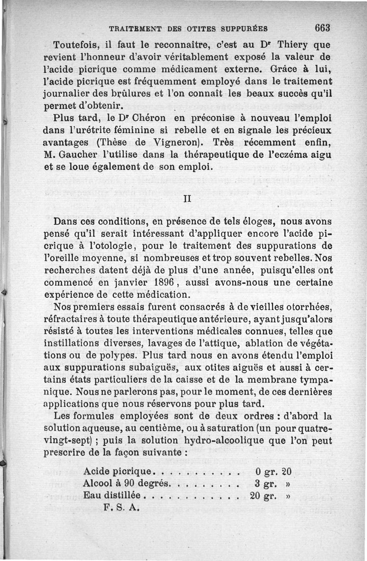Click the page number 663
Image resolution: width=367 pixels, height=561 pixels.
pyautogui.click(x=323, y=28)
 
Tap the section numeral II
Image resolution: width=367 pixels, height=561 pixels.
pyautogui.click(x=187, y=199)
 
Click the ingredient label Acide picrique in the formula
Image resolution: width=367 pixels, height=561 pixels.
pyautogui.click(x=118, y=472)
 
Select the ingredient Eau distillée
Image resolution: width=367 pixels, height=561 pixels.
pyautogui.click(x=112, y=496)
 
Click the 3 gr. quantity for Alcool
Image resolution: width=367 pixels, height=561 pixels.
pyautogui.click(x=265, y=484)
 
